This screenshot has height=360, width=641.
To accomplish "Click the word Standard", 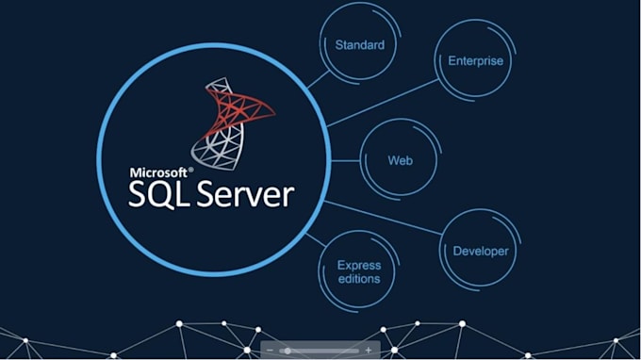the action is click(360, 45).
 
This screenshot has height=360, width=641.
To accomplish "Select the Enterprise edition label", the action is click(475, 61).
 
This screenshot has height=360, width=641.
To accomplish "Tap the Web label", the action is click(401, 160).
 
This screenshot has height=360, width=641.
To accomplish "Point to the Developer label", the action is click(481, 251).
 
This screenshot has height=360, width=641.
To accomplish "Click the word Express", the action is click(359, 266).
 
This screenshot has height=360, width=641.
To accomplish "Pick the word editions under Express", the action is click(359, 279).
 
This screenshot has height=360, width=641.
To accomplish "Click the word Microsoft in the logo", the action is click(158, 172).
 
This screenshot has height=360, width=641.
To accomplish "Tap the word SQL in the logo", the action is click(158, 194).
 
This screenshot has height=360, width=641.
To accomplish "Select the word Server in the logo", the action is click(245, 194).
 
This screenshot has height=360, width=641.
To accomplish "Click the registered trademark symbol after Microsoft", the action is click(191, 170).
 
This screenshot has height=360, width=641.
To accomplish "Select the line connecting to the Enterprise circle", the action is click(383, 103).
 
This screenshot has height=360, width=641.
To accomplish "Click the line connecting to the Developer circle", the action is click(383, 218).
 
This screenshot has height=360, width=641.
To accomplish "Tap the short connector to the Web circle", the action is click(345, 161).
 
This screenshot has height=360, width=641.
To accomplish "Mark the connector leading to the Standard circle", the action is click(318, 79).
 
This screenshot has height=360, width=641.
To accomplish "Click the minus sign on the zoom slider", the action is click(270, 351).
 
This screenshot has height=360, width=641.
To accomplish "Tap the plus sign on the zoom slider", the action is click(369, 351).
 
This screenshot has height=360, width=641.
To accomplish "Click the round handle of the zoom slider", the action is click(288, 351).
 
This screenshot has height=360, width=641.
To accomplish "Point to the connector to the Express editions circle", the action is click(316, 240).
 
